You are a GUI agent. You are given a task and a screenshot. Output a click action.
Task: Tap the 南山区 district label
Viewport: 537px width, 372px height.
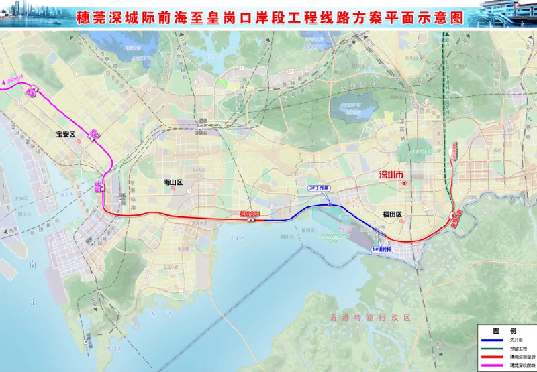point(173,182)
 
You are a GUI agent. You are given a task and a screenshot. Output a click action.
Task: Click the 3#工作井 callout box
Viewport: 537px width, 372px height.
point(320,188)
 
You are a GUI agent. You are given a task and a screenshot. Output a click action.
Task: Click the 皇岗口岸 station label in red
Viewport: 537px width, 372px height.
point(456,217)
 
